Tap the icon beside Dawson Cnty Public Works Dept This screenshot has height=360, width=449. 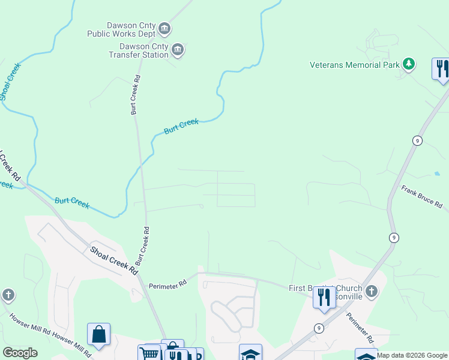tap(164, 29)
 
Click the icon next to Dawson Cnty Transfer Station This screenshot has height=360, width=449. tap(178, 50)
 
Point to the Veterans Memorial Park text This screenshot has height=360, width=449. tap(354, 65)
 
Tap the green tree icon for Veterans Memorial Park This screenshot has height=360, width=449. tap(409, 64)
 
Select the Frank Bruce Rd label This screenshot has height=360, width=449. tap(421, 197)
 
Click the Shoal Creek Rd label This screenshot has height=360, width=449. tap(114, 260)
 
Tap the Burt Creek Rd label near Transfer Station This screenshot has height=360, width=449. tap(136, 95)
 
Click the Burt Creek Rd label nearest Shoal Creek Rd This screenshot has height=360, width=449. tap(142, 246)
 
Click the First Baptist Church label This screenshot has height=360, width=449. tap(325, 289)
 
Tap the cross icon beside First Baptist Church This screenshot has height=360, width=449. tap(372, 292)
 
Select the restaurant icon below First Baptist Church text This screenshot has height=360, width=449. tap(324, 296)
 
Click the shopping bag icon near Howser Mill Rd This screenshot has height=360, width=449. tap(98, 334)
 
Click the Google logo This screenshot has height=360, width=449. tap(20, 353)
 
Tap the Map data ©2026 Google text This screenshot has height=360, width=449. tap(412, 355)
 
